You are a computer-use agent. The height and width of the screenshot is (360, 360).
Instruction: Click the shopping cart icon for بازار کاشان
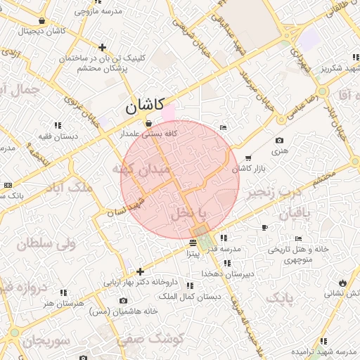pyautogui.click(x=247, y=157)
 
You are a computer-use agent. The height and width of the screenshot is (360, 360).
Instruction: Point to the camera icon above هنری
pyautogui.click(x=280, y=141)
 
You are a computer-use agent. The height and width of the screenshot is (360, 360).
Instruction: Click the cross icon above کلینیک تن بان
pyautogui.click(x=103, y=48)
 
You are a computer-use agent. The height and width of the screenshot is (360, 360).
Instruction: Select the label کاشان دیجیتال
pyautogui.click(x=44, y=31)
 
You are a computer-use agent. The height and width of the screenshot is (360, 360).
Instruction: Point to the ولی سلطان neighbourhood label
pyautogui.click(x=44, y=245)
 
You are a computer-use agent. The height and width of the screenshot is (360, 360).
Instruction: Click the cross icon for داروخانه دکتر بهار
pyautogui.click(x=141, y=271)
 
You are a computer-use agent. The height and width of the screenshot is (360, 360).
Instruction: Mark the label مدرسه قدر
pyautogui.click(x=242, y=249)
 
